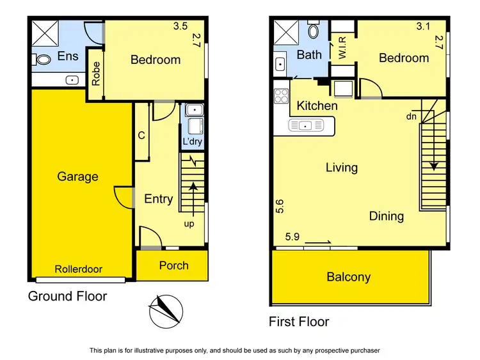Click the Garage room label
pos(77,176)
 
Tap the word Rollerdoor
pos(78,269)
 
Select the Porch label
pos(174,265)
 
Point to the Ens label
pos(68,56)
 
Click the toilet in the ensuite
pos(44,59)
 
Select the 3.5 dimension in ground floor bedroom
pos(180,27)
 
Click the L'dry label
pos(192,141)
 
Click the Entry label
pos(158,199)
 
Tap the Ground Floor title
pos(67,296)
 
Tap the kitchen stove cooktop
pos(282,96)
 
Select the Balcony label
pos(349,277)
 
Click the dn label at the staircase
pos(411,117)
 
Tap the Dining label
pos(387,216)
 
